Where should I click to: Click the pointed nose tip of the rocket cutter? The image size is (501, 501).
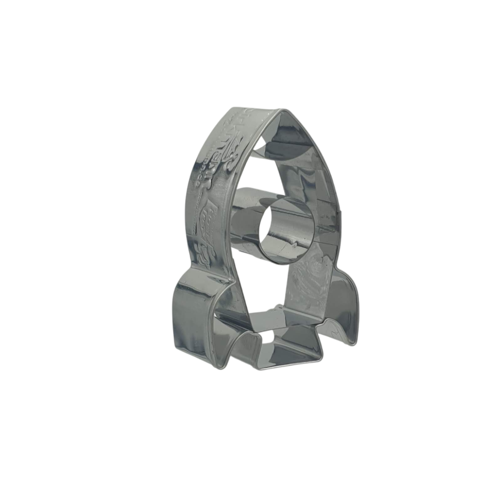click(x=281, y=111)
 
